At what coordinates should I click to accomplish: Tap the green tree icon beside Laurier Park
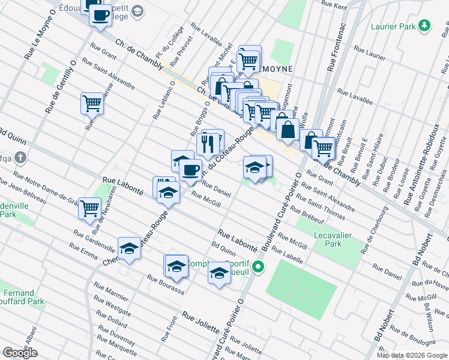click(x=425, y=25)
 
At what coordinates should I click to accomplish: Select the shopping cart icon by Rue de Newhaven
click(x=89, y=209)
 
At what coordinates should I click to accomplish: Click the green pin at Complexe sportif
click(x=259, y=267)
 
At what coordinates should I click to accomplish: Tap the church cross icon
click(x=20, y=159)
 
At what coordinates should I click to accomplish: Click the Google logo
click(x=20, y=353)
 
